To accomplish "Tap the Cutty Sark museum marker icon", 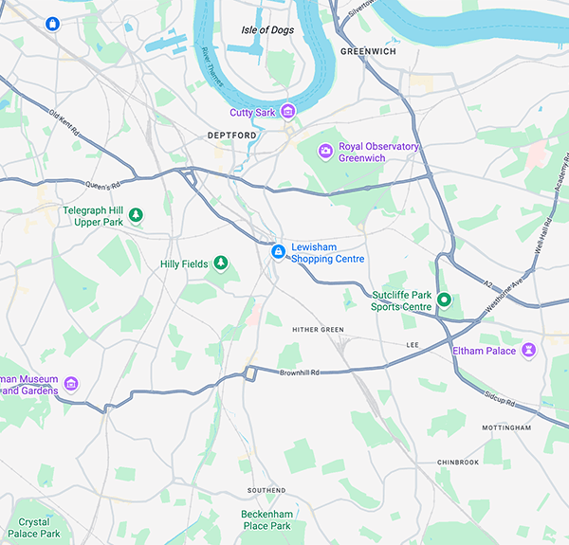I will coord(288,113).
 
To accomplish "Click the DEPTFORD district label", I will coord(231,136).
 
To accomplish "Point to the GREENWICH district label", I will coord(367,51).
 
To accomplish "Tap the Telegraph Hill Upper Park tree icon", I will coord(137,215).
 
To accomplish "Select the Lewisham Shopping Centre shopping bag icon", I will coord(278,252).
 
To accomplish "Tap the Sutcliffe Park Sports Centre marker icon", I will coord(443,301).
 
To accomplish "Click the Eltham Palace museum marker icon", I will coord(529,351).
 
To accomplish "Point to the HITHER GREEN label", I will coord(319,330).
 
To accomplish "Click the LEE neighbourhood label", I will coord(412,344).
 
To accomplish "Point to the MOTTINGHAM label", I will coord(506,428).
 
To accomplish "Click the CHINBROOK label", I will coord(458,463).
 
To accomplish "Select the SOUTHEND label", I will coord(266,490).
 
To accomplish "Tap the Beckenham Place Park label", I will coord(266,519).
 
